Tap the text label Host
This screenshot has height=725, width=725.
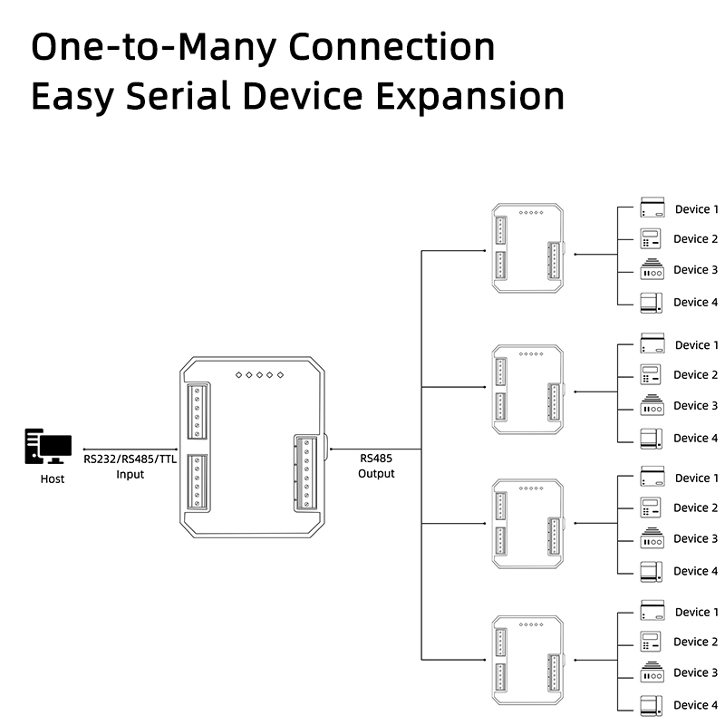tap(53, 478)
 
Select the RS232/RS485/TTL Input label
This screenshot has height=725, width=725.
tap(130, 466)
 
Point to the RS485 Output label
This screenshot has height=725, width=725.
tap(376, 466)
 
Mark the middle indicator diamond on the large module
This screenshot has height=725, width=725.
tap(259, 374)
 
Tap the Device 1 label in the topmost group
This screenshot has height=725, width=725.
tap(696, 209)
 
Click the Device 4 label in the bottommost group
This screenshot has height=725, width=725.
tap(696, 705)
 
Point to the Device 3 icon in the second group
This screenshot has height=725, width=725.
tap(652, 406)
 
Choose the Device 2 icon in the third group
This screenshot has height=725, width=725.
tap(652, 507)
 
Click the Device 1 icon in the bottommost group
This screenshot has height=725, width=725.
tap(652, 611)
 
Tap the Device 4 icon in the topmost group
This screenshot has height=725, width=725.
tap(652, 303)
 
